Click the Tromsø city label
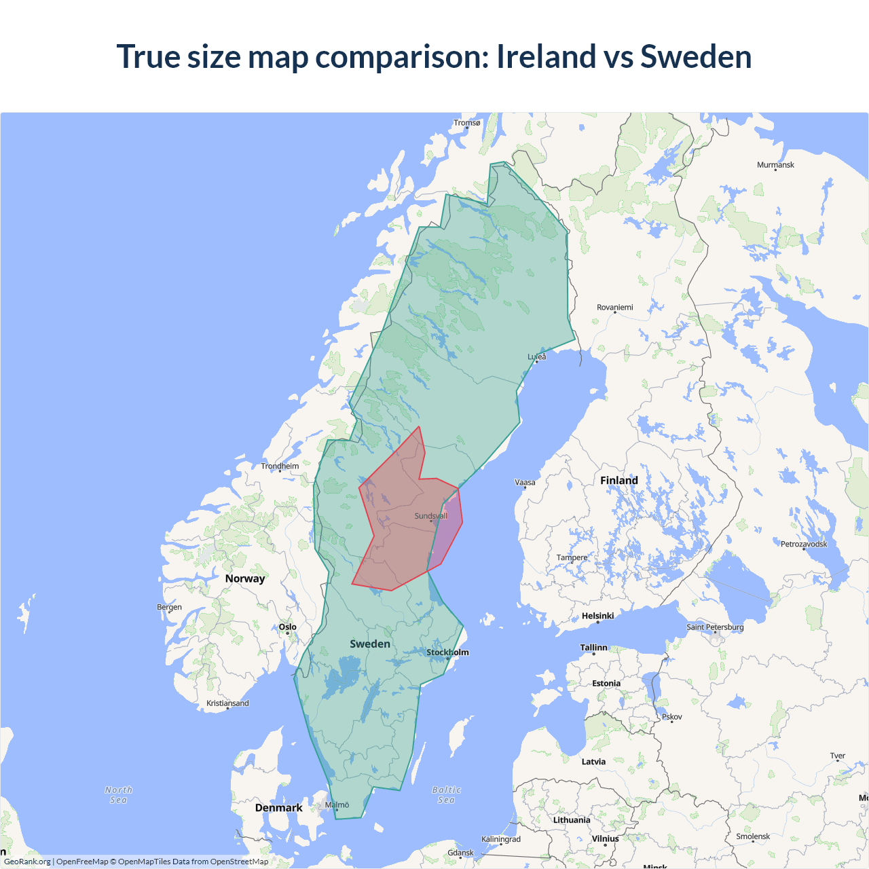coord(467,123)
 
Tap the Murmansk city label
coord(775,165)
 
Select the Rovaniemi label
coord(614,308)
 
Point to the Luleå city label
coord(537,356)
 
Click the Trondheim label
coord(280,466)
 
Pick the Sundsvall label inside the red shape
coord(430,516)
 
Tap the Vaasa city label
coord(525,483)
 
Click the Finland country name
coord(618,481)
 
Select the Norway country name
coord(245,578)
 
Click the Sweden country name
coord(370,644)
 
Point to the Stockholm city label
coord(447,652)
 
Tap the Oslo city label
coord(288,627)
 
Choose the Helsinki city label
coord(597,616)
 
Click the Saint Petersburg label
coord(715,627)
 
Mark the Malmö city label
coord(337,805)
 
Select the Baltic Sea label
coord(446,795)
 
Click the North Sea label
coord(119,795)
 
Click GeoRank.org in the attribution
coord(27,862)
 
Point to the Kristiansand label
coord(227,703)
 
